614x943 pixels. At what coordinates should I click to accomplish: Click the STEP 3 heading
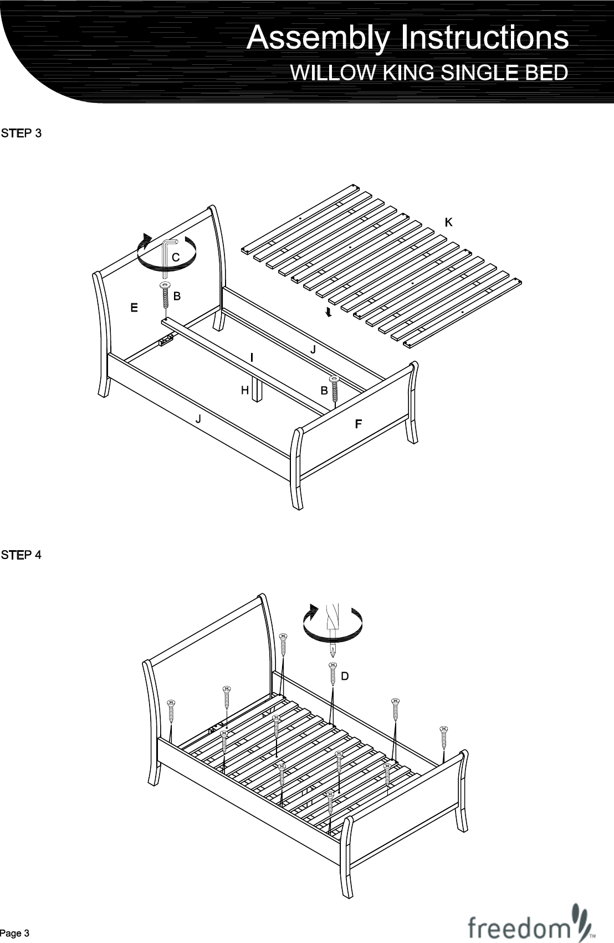21,134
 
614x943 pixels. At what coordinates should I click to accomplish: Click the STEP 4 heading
21,555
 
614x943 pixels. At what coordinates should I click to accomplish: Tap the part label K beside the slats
449,222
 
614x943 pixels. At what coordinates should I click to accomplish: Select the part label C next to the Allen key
176,258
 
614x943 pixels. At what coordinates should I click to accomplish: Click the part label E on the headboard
134,307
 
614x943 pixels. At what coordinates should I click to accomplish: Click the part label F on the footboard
358,424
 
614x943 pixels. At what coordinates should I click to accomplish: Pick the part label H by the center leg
244,391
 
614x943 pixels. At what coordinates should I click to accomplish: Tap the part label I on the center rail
252,357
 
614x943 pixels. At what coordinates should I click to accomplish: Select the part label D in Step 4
345,676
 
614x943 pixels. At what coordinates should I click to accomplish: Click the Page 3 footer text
15,933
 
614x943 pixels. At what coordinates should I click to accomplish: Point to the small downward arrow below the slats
329,313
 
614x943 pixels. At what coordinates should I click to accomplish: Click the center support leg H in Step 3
256,389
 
